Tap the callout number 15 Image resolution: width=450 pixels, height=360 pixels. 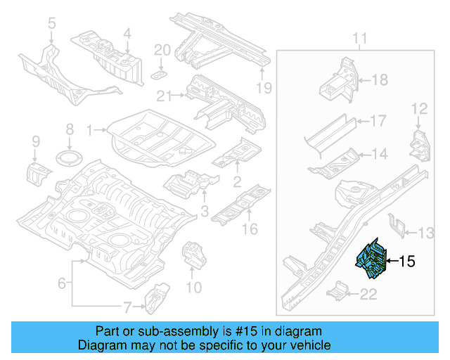point(407,262)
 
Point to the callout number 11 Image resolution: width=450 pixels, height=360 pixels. point(359,37)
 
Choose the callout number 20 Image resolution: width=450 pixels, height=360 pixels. point(161,50)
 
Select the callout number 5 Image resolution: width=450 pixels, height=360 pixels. point(51,25)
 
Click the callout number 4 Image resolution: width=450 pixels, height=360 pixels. point(127,33)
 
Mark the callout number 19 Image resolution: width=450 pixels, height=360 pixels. point(263,88)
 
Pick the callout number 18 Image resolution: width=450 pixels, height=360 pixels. point(379,80)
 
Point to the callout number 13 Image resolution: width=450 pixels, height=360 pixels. point(427,233)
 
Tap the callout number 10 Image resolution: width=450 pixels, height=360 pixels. point(194,287)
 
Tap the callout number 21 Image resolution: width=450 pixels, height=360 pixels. point(164,96)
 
